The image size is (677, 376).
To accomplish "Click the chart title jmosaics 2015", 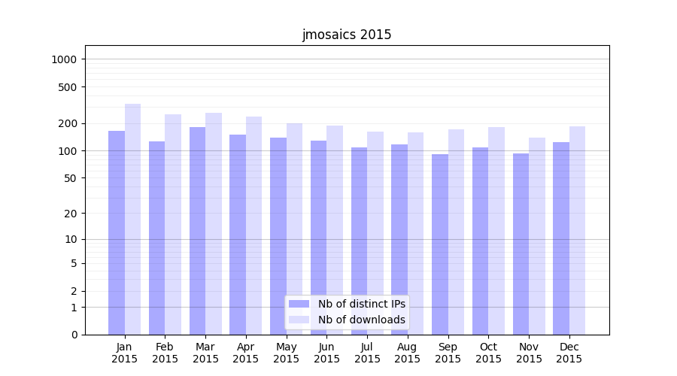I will point(347,35).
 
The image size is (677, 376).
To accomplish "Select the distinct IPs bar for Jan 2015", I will point(117,232).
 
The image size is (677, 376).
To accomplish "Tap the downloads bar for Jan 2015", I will point(132,219).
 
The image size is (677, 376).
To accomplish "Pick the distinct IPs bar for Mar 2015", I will point(197,230).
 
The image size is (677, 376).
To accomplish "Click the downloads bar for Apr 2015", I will point(253,226).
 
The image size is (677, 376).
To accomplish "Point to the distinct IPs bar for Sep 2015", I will point(440,244).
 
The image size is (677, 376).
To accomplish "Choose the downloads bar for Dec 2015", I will point(577,230).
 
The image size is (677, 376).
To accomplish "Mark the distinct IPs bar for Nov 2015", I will point(521,244).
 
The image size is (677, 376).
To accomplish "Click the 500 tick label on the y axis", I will point(69,87).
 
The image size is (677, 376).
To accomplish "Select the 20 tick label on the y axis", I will point(71,214).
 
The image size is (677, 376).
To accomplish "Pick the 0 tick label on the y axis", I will point(74,335).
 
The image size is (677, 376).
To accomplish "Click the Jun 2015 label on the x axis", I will point(326,353).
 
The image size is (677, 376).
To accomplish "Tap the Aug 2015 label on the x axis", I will point(407,353).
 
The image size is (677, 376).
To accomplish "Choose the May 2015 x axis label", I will point(286,353).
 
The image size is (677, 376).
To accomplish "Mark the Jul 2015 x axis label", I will point(367,353).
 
